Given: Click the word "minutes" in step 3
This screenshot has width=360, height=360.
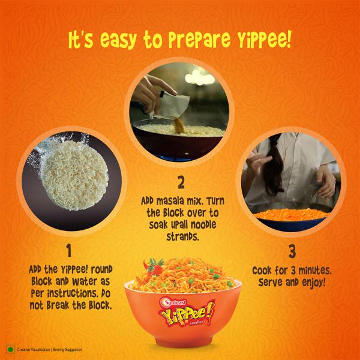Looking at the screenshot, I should (x=308, y=268).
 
